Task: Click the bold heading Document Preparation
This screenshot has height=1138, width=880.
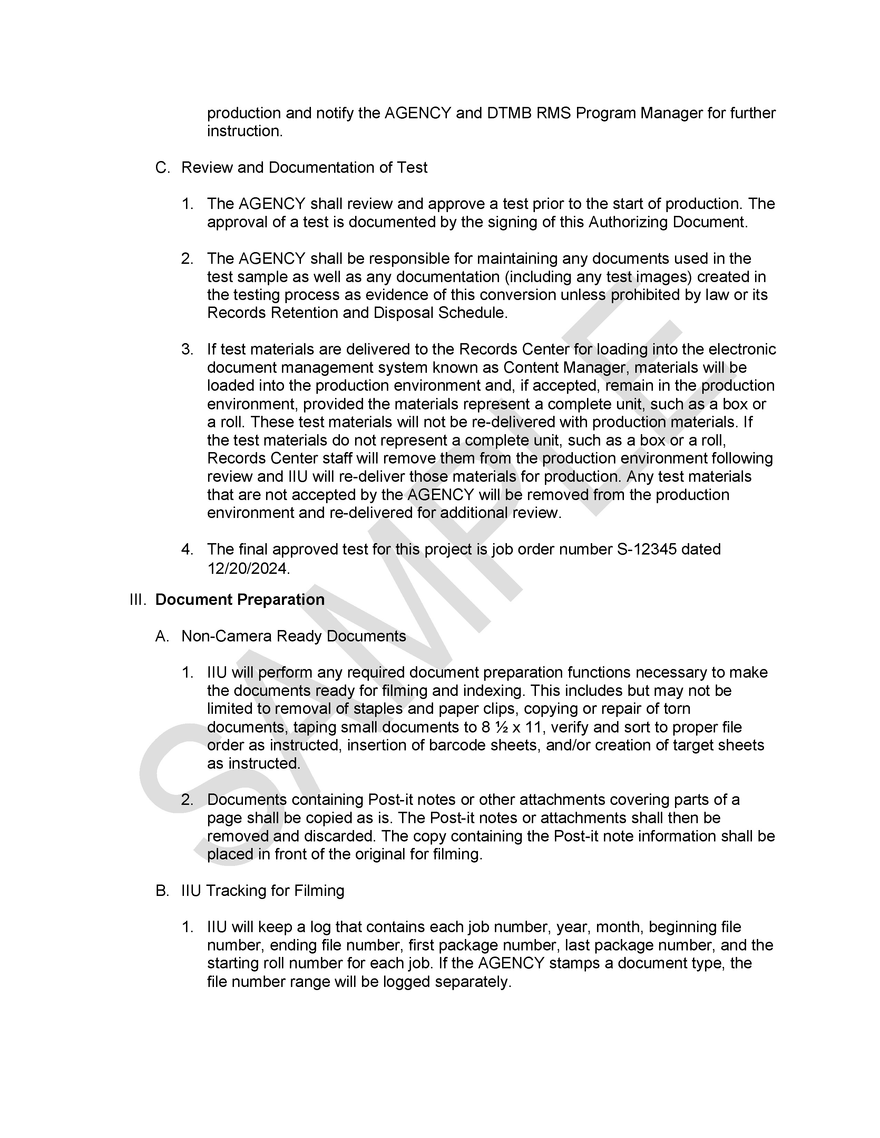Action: pyautogui.click(x=240, y=599)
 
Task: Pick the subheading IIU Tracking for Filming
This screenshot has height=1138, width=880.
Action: pyautogui.click(x=263, y=890)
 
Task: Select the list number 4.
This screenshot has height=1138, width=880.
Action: pyautogui.click(x=187, y=549)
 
